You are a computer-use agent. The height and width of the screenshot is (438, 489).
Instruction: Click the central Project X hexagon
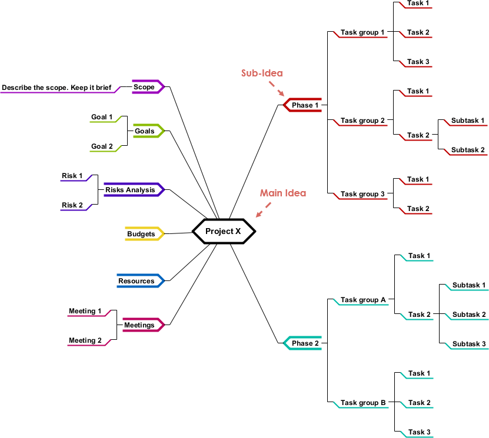(x=224, y=231)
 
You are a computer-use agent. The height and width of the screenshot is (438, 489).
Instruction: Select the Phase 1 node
(x=305, y=105)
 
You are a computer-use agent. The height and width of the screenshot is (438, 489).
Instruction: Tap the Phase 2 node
(x=305, y=343)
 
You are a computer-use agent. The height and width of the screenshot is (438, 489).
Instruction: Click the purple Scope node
(x=145, y=87)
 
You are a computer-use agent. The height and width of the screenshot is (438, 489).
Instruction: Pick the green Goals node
(x=145, y=131)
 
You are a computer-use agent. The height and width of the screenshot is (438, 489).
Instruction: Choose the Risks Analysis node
(x=131, y=190)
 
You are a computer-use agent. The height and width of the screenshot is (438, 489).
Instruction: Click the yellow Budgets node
(x=142, y=234)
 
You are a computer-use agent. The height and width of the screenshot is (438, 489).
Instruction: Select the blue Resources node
(x=137, y=281)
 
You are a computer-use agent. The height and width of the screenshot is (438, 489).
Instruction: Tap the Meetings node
(x=140, y=325)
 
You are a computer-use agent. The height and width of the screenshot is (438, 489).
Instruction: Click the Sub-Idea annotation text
(x=262, y=73)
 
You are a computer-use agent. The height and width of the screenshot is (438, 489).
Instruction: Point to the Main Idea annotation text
(x=283, y=193)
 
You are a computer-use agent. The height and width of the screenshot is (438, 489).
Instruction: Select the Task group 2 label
(x=362, y=121)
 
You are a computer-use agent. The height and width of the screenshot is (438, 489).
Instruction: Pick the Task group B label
(x=363, y=403)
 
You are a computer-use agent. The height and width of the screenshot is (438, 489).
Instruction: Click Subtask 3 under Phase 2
(x=469, y=344)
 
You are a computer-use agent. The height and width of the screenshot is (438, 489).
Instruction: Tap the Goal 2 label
(x=102, y=146)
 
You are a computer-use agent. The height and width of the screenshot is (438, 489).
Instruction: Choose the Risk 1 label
(x=72, y=176)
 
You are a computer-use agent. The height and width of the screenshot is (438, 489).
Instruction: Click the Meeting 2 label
(x=85, y=340)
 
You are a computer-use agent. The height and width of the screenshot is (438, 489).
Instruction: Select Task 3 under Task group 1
(x=418, y=62)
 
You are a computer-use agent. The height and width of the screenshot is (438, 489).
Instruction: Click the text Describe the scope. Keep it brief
(x=56, y=88)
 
